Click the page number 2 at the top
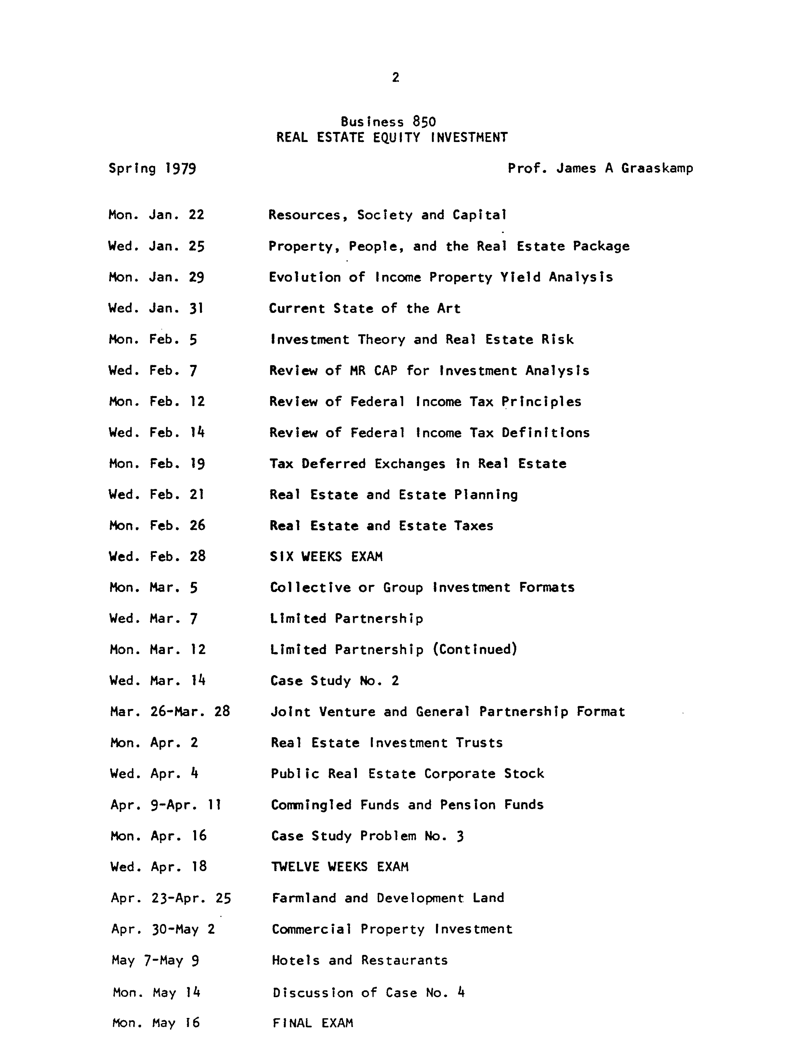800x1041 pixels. [x=395, y=77]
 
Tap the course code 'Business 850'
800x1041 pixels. [x=388, y=122]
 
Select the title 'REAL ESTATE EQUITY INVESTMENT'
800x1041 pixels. [x=392, y=138]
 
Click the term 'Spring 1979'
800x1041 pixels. [x=152, y=169]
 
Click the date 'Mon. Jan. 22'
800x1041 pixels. [x=156, y=215]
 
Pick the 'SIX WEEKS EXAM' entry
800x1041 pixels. [x=326, y=557]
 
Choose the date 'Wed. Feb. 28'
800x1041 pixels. [x=157, y=557]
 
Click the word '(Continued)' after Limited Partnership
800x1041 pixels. [x=475, y=649]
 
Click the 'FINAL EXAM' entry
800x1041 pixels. [x=313, y=1023]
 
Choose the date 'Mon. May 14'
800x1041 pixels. [x=156, y=992]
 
